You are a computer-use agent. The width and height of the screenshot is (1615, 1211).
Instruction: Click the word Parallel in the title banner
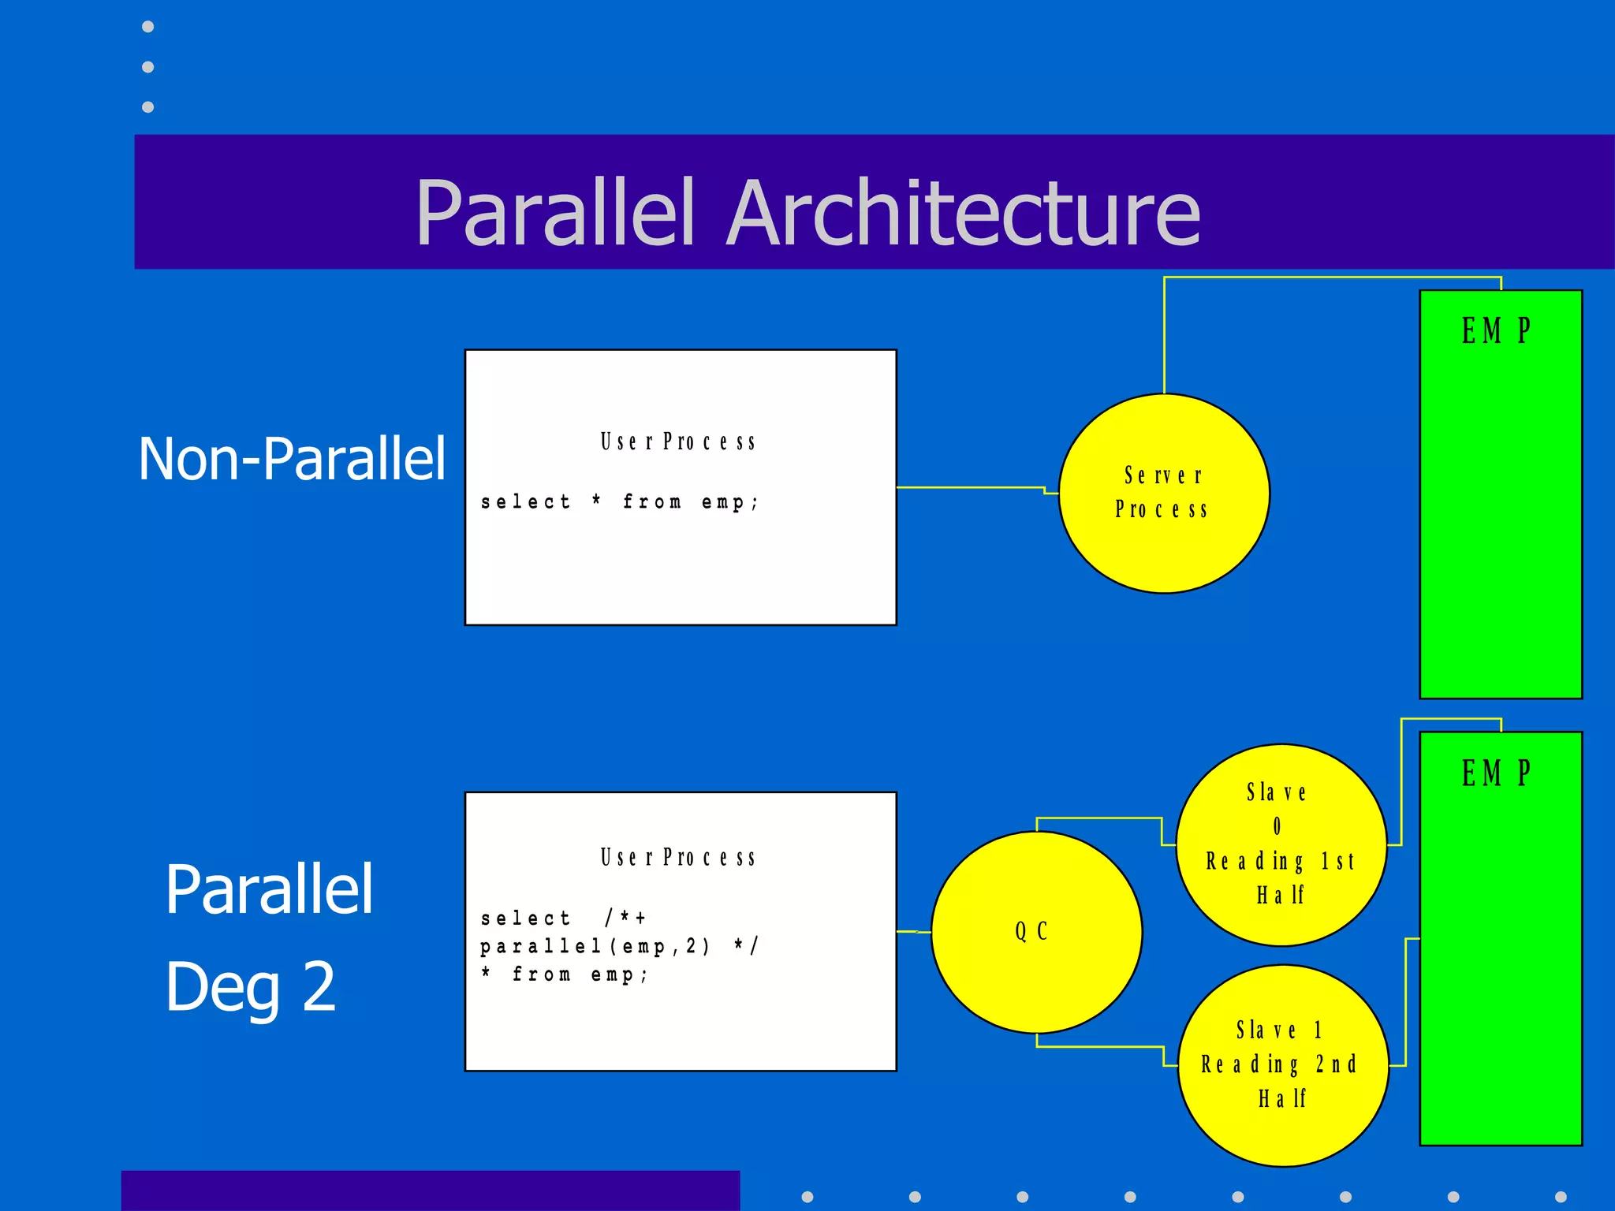tap(556, 213)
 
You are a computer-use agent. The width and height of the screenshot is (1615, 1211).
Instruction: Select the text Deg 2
tap(250, 986)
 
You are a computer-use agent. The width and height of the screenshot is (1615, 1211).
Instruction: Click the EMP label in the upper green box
tap(1496, 330)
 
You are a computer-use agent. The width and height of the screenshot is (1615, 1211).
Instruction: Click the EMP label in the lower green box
tap(1496, 773)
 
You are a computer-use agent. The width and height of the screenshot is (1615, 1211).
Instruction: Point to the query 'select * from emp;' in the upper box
tap(620, 502)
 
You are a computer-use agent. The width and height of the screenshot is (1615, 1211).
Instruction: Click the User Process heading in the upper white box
tap(678, 442)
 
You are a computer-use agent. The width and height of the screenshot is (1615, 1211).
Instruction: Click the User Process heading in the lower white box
tap(678, 857)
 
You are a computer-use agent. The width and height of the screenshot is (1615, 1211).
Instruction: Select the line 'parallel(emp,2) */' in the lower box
tap(620, 946)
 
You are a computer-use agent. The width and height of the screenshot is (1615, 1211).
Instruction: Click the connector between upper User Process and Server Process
tap(970, 487)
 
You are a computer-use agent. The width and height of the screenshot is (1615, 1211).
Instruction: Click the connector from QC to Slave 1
tap(1100, 1047)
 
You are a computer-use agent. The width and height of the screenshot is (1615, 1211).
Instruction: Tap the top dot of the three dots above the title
tap(147, 27)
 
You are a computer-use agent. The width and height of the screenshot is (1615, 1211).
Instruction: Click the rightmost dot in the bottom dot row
tap(1561, 1197)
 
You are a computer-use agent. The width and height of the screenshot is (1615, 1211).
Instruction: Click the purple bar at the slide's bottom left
tap(430, 1191)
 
